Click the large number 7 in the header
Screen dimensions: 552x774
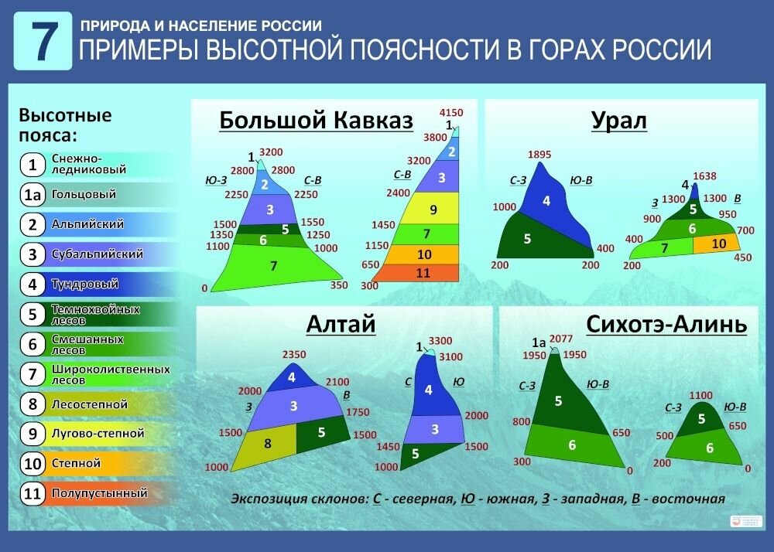(43, 43)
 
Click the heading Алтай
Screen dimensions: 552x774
(341, 324)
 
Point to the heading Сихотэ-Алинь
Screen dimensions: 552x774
(666, 324)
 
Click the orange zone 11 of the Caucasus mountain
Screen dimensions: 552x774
(423, 273)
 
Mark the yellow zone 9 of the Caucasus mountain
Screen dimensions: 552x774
(433, 209)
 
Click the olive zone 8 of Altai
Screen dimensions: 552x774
(269, 444)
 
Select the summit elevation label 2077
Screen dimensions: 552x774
(563, 339)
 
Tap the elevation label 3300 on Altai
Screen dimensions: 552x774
(440, 341)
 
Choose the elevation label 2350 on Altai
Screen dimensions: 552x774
(294, 355)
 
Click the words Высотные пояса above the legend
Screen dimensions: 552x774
(66, 125)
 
